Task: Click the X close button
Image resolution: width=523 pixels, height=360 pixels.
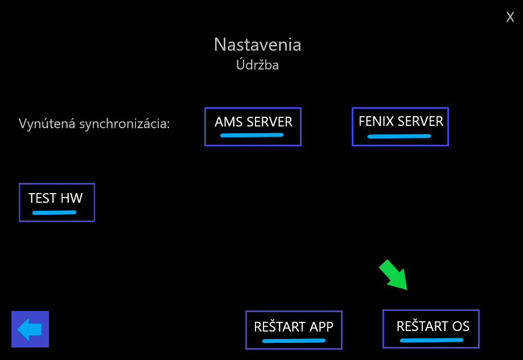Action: pyautogui.click(x=510, y=17)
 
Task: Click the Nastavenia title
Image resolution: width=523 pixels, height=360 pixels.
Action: pyautogui.click(x=257, y=44)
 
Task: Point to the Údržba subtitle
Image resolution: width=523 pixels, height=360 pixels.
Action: pyautogui.click(x=257, y=64)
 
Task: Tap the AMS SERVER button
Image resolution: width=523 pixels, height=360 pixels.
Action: pyautogui.click(x=253, y=126)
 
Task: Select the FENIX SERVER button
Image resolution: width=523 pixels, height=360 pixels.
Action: pyautogui.click(x=400, y=126)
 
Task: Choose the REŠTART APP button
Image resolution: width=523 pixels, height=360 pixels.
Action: pyautogui.click(x=294, y=330)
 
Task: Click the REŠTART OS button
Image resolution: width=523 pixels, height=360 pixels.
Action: pyautogui.click(x=431, y=329)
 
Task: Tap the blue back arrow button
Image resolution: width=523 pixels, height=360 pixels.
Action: pyautogui.click(x=30, y=329)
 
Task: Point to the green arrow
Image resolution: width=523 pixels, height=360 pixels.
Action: pyautogui.click(x=393, y=275)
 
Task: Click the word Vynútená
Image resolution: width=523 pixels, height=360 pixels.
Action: pyautogui.click(x=47, y=124)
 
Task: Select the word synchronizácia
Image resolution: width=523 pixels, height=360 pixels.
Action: pyautogui.click(x=125, y=124)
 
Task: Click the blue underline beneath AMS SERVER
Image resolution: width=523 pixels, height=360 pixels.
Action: pyautogui.click(x=252, y=135)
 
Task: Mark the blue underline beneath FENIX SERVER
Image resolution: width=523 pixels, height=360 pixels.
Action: pyautogui.click(x=400, y=136)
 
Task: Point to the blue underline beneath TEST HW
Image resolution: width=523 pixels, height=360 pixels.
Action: pyautogui.click(x=55, y=212)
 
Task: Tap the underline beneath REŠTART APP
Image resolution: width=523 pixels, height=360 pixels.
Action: pyautogui.click(x=294, y=341)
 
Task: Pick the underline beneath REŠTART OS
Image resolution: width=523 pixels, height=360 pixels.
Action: pyautogui.click(x=431, y=340)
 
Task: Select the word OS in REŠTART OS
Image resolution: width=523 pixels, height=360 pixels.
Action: pyautogui.click(x=460, y=326)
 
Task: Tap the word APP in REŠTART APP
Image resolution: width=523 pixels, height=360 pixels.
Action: pyautogui.click(x=321, y=327)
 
